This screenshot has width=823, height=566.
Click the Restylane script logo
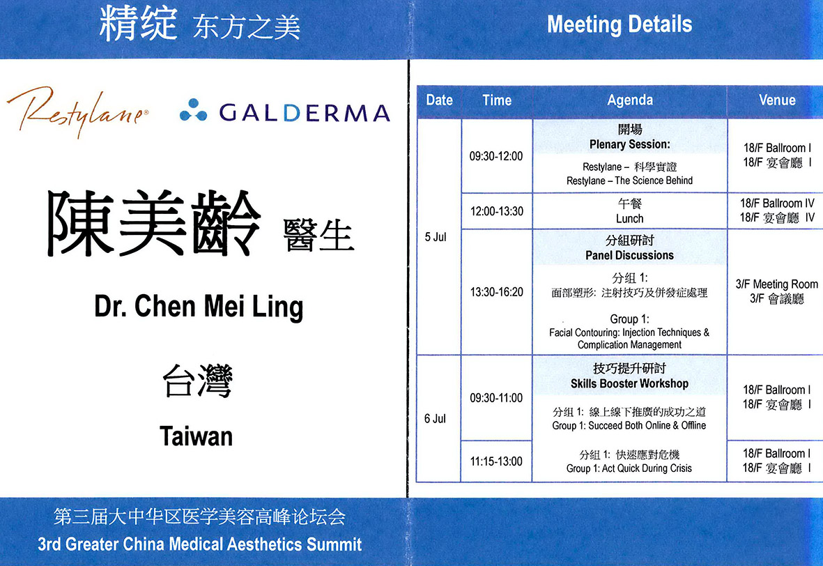[x=77, y=112]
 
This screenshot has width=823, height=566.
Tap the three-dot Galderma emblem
[x=193, y=110]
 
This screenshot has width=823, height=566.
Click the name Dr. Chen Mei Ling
[x=199, y=307]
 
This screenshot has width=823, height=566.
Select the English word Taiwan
[x=196, y=436]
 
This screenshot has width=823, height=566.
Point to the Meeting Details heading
[x=620, y=24]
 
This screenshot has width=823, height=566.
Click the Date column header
[x=439, y=100]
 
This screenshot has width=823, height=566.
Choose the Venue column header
[x=777, y=100]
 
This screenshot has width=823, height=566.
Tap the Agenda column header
[x=630, y=100]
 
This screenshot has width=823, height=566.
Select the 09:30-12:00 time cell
[x=496, y=156]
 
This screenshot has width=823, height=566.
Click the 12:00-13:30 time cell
[x=497, y=212]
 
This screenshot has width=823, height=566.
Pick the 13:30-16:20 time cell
[x=497, y=293]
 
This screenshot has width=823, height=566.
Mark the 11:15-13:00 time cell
[x=496, y=461]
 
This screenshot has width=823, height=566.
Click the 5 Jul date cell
[x=435, y=237]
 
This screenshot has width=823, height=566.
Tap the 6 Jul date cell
[x=435, y=419]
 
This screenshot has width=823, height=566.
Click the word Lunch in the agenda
[x=629, y=219]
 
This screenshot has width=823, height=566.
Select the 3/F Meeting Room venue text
[x=776, y=284]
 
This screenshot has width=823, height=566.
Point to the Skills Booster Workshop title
[x=629, y=384]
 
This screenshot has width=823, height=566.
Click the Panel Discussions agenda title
[x=629, y=256]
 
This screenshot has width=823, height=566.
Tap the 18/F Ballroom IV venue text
[x=777, y=204]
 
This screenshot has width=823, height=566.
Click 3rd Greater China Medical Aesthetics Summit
[x=199, y=544]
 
